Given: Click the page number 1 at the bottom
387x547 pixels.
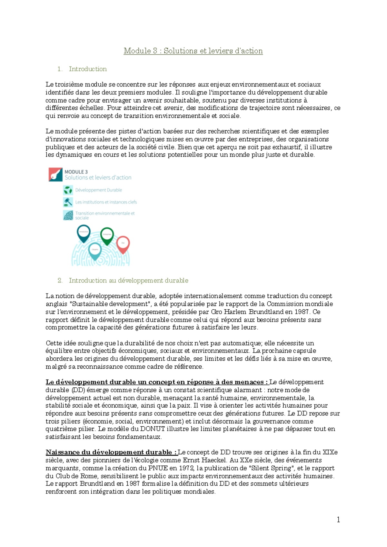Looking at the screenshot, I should (338, 519).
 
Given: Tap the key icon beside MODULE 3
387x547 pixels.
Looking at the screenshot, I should (55, 174).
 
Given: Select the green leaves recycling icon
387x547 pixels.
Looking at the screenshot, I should (68, 190).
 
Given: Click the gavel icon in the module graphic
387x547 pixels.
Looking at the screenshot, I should (68, 202).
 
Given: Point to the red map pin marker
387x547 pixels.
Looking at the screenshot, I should (123, 244).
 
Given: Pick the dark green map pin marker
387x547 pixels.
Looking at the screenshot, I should (107, 235).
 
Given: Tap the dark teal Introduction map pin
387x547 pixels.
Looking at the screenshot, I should (84, 233).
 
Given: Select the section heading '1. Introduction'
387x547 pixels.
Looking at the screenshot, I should (82, 69).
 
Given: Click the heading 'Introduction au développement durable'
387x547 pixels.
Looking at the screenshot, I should (128, 281).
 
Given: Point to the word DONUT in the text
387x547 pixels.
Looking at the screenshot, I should (153, 429).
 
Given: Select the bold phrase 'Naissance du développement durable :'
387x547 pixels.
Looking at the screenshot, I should (111, 452).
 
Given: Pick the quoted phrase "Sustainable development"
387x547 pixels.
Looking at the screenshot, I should (110, 304).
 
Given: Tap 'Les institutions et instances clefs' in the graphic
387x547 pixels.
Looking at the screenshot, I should (106, 202).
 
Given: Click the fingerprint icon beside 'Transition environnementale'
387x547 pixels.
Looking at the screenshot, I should (68, 215).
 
